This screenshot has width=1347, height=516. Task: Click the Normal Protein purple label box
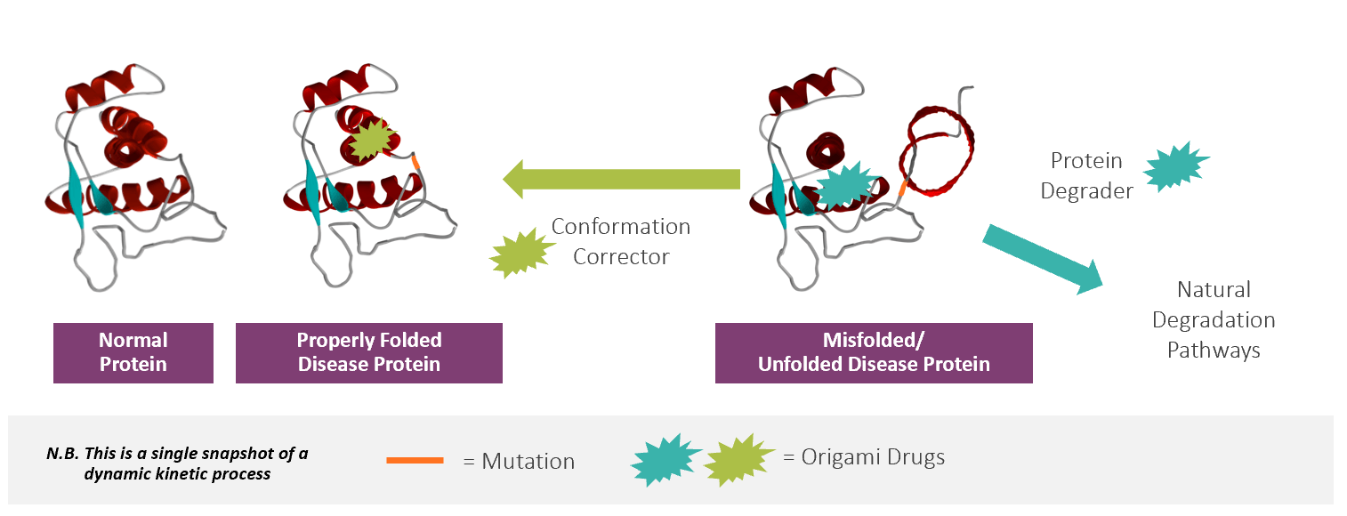(x=133, y=353)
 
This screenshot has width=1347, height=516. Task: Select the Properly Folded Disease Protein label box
(x=368, y=353)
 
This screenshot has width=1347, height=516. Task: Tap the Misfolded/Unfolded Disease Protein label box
(x=874, y=353)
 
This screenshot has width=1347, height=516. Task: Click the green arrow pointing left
(x=623, y=179)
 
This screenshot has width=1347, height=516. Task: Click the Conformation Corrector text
(x=620, y=241)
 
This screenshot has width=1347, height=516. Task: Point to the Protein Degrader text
(x=1086, y=175)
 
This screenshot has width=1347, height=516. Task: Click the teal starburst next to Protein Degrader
(x=1175, y=166)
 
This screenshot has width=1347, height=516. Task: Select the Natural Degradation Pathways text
(x=1214, y=319)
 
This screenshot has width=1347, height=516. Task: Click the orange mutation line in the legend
(x=415, y=460)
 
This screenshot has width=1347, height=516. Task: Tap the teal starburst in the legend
(x=665, y=459)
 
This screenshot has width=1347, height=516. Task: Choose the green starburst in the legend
(x=738, y=458)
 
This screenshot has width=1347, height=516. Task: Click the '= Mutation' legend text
(x=519, y=461)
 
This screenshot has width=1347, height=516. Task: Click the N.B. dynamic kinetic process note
(x=177, y=463)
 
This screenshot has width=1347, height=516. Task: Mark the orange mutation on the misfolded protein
(x=902, y=189)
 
